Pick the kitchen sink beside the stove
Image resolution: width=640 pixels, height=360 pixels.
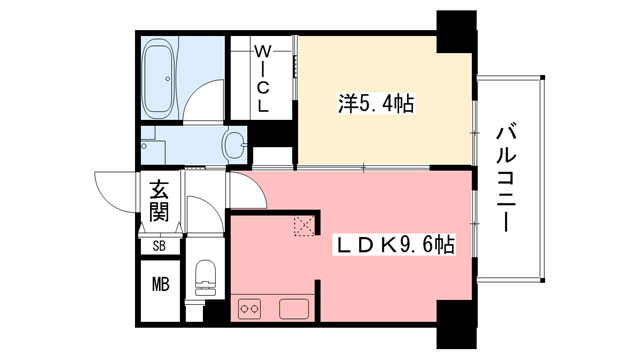[x=293, y=307]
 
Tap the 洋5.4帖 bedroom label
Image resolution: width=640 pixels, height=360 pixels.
[x=377, y=101]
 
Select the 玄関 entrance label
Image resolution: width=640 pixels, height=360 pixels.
[x=159, y=200]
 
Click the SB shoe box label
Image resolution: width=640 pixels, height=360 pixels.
[x=159, y=245]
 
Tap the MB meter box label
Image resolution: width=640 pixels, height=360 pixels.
[x=160, y=283]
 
